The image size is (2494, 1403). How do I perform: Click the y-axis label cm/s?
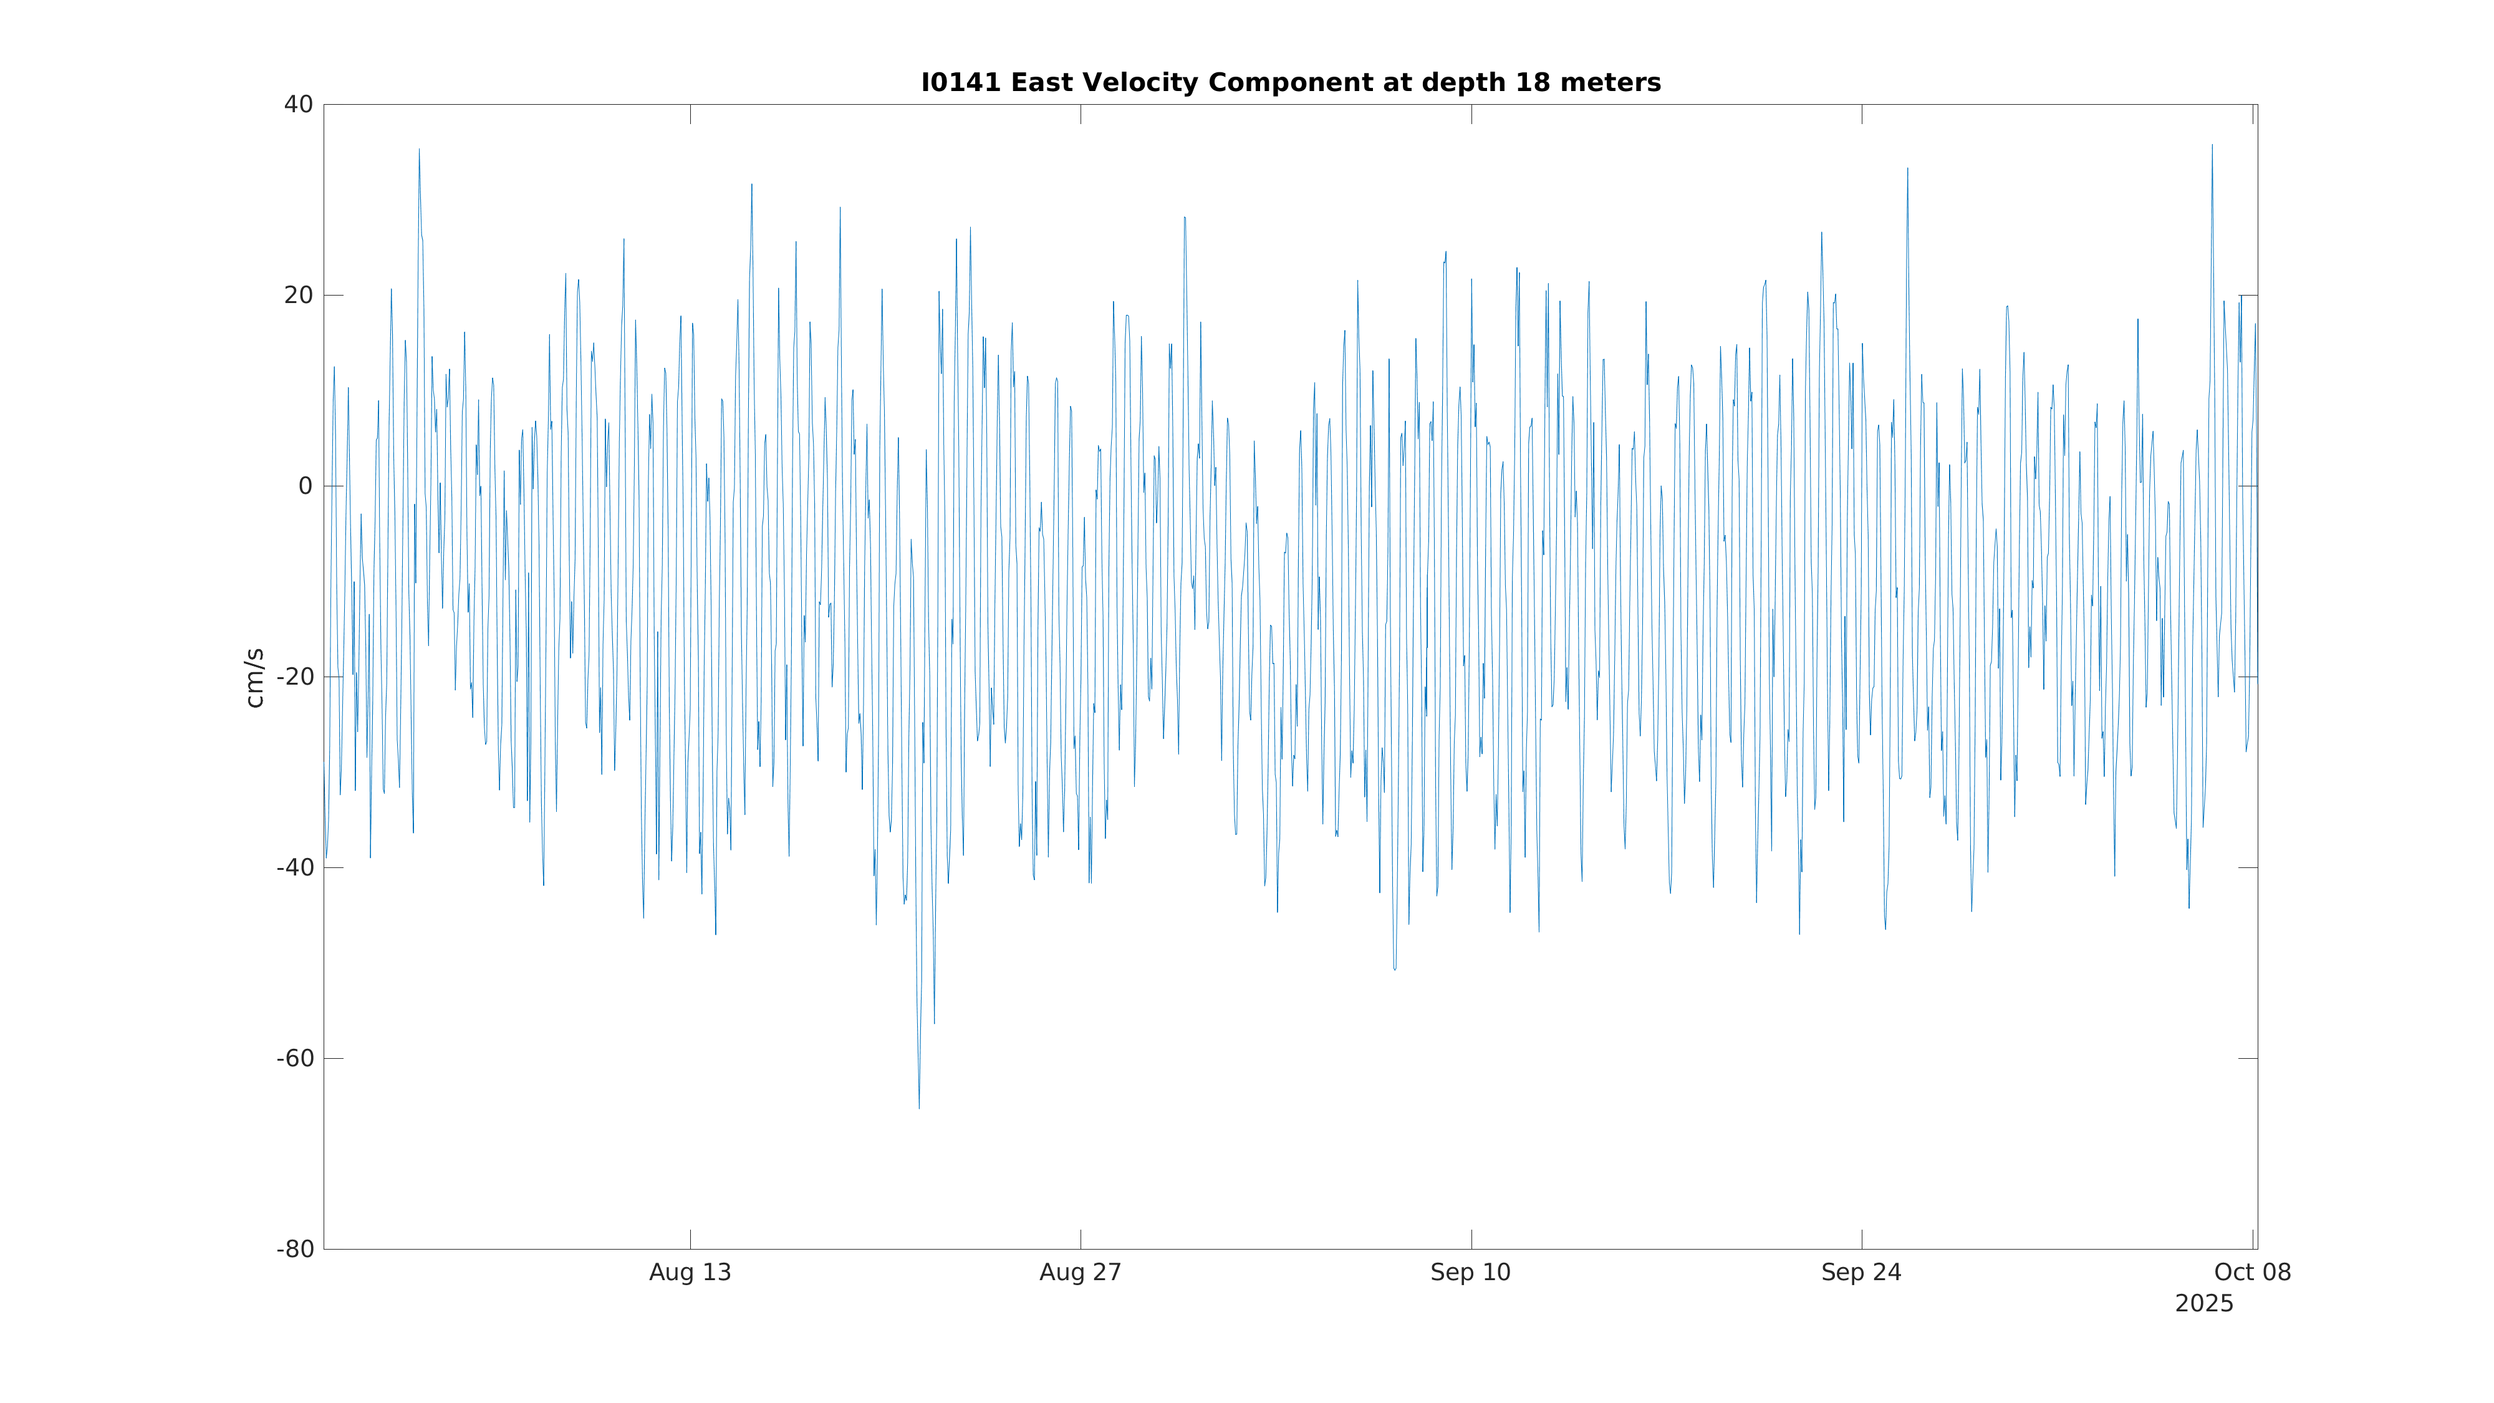point(254,678)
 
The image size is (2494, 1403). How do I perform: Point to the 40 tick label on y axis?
point(298,105)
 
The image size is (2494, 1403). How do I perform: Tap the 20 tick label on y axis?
point(298,296)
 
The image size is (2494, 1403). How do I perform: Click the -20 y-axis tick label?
point(296,677)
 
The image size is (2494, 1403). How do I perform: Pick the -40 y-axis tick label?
point(296,867)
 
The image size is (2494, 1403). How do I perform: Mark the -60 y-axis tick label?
point(296,1058)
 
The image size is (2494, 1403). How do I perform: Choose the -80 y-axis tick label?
point(296,1249)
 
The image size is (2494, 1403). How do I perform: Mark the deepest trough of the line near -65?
point(919,1107)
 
